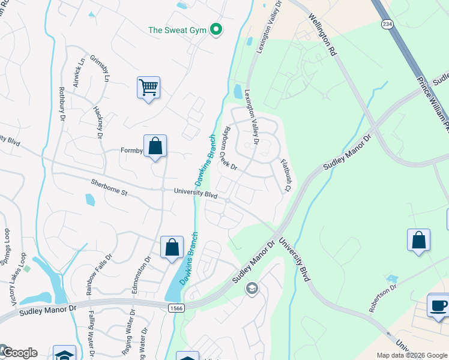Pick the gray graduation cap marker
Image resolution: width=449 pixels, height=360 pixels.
(x=252, y=289)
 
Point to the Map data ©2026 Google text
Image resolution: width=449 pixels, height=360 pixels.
(x=412, y=355)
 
